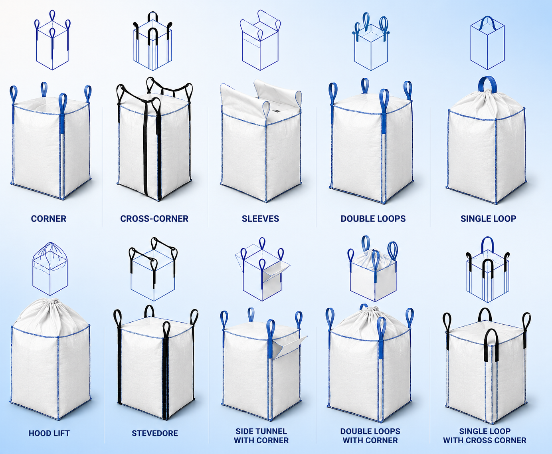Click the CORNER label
(48, 219)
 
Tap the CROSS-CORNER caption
(154, 219)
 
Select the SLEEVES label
(260, 219)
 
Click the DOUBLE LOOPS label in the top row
(373, 219)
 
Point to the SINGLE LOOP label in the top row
(488, 219)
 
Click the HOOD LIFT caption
(49, 433)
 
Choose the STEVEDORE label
(155, 433)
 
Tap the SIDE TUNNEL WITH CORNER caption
(261, 436)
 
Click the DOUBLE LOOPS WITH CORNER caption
(370, 436)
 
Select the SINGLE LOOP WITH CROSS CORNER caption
(485, 436)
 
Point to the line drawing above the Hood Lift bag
(50, 269)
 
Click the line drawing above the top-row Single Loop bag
(487, 43)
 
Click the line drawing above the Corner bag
(52, 40)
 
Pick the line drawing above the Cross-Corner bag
(153, 41)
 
